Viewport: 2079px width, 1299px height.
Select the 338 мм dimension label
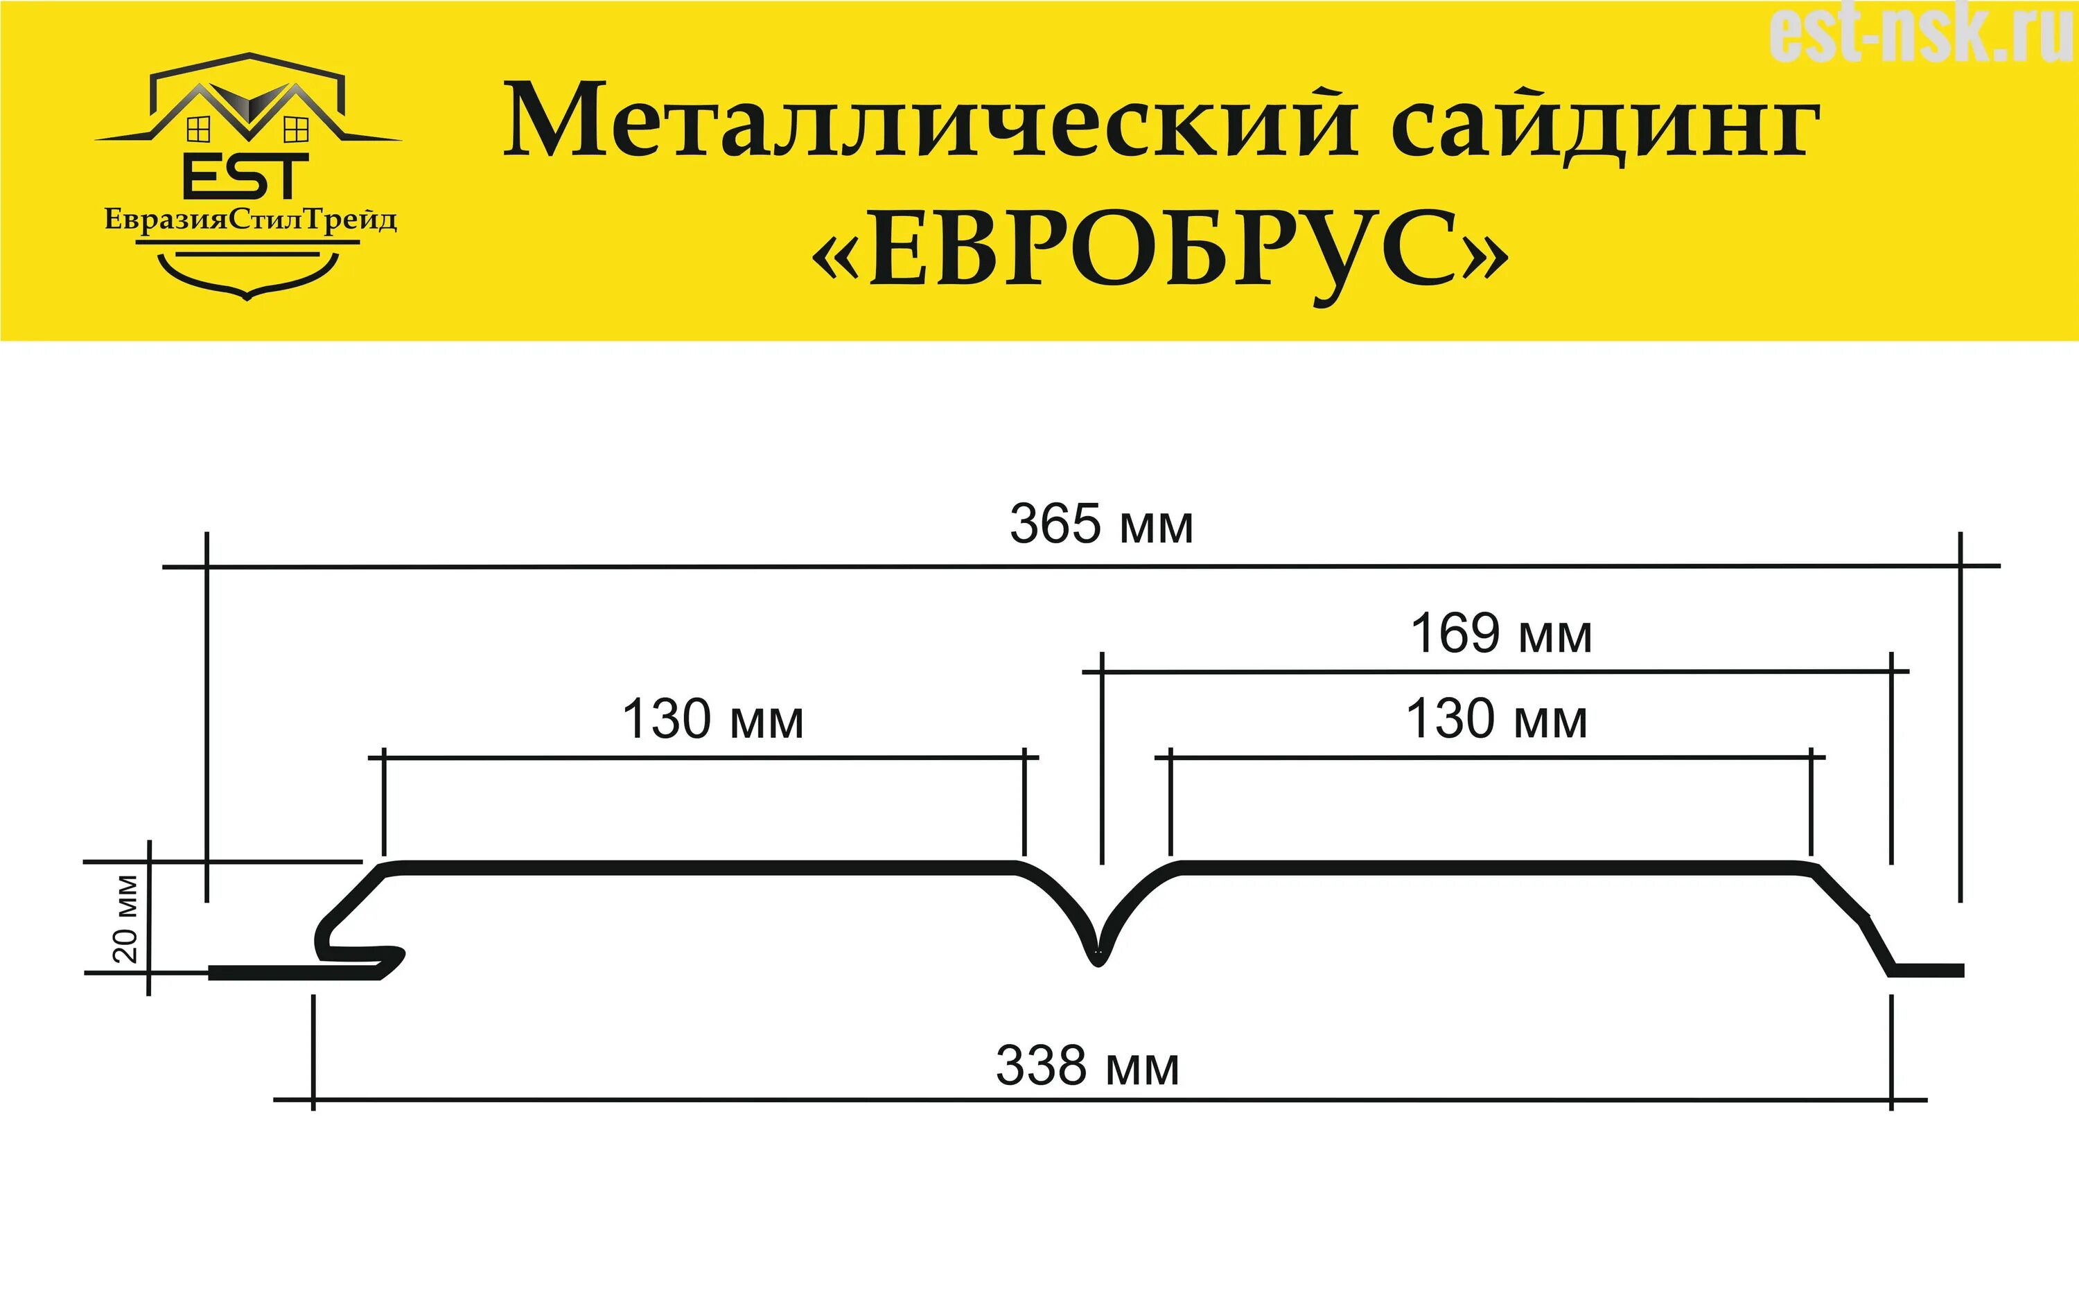[1087, 1066]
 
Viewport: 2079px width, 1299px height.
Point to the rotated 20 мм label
[125, 919]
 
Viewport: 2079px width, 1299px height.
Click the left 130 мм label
[712, 719]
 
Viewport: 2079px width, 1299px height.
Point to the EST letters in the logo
[246, 177]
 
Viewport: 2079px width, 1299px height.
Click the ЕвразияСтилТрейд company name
[250, 220]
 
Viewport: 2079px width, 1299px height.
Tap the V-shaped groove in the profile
[1097, 948]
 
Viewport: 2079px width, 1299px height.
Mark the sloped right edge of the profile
[1856, 919]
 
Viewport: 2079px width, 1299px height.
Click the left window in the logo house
[198, 130]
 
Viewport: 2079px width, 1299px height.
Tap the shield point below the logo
[247, 296]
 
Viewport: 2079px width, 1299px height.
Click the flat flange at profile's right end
[1929, 971]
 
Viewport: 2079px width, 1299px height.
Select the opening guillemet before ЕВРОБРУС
[836, 256]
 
